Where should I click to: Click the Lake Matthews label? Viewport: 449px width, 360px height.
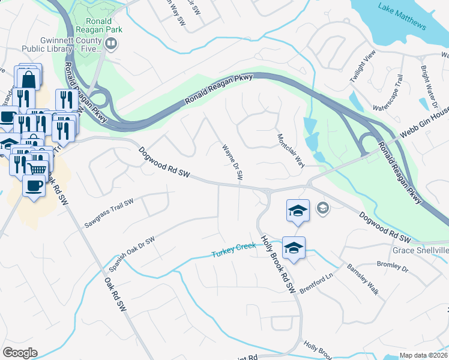(x=402, y=16)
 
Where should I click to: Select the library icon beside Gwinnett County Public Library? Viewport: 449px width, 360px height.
(x=111, y=43)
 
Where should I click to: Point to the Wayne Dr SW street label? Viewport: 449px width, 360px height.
(x=232, y=162)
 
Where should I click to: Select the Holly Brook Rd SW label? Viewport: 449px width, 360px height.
(x=278, y=264)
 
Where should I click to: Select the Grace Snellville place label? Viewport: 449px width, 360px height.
(x=420, y=250)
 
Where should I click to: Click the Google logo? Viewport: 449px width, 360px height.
(x=20, y=352)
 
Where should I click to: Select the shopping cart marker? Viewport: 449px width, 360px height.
(x=37, y=168)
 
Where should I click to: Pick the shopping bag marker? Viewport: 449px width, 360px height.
(x=28, y=77)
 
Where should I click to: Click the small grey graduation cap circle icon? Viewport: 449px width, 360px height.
(x=322, y=208)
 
